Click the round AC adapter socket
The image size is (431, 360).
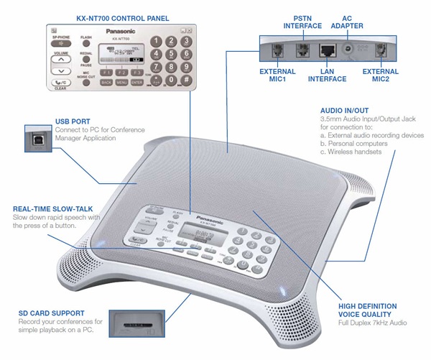[350, 51]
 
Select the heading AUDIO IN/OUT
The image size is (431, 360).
[342, 112]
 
